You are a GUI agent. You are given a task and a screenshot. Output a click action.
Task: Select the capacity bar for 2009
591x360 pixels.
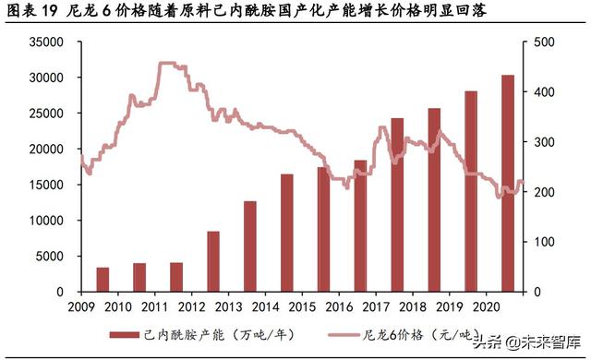click(x=103, y=279)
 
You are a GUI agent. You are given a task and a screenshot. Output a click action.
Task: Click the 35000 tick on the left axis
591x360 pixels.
click(x=45, y=42)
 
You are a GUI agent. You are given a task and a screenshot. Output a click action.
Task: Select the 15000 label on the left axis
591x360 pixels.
click(x=45, y=185)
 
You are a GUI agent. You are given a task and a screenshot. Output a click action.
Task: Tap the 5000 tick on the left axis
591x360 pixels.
click(x=49, y=256)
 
